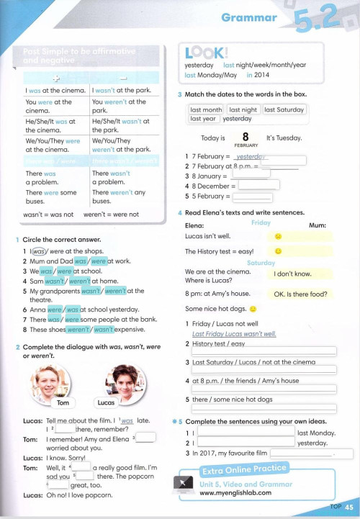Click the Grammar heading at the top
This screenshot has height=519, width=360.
248,17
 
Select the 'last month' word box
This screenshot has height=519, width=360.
206,109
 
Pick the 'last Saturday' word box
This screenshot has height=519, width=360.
284,109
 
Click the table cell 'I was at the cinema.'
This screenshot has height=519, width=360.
55,91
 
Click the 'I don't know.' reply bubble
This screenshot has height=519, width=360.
293,274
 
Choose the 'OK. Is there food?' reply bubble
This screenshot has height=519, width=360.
300,294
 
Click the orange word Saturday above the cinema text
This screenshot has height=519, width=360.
261,263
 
